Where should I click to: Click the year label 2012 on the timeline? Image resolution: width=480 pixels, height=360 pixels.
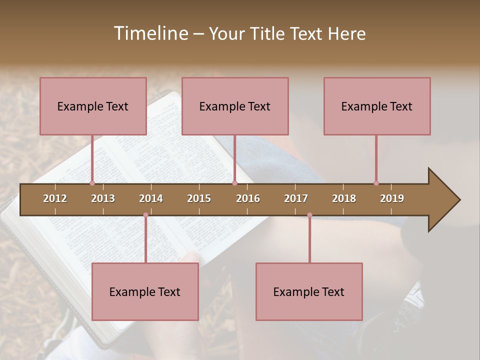click(55, 198)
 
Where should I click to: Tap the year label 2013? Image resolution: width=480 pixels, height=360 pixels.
click(103, 198)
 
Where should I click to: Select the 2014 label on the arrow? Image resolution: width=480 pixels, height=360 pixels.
click(151, 198)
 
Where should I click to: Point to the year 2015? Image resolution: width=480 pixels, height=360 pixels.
click(199, 198)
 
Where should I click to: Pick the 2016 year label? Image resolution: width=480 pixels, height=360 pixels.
click(248, 198)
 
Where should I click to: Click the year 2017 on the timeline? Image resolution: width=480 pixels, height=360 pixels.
click(296, 198)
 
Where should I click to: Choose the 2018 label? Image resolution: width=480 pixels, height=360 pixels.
click(344, 198)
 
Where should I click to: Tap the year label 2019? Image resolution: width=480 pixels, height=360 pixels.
click(392, 198)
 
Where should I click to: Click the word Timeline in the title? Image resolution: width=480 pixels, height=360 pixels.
click(149, 33)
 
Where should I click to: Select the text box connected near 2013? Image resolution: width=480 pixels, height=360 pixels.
click(93, 106)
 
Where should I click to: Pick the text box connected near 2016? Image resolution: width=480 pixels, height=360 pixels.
click(235, 106)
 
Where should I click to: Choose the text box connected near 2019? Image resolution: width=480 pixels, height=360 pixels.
click(377, 106)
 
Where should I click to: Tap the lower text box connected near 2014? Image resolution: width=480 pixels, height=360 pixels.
click(145, 291)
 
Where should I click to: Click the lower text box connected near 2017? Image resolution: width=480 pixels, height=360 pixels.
click(309, 291)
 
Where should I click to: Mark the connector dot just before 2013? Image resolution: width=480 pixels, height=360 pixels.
click(92, 183)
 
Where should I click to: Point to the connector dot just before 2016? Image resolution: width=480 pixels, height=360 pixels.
click(234, 183)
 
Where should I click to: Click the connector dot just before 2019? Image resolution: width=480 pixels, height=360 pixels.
click(376, 183)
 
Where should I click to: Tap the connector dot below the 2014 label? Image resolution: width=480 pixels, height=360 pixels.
click(145, 215)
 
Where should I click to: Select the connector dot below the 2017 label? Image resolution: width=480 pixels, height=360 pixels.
click(309, 215)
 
